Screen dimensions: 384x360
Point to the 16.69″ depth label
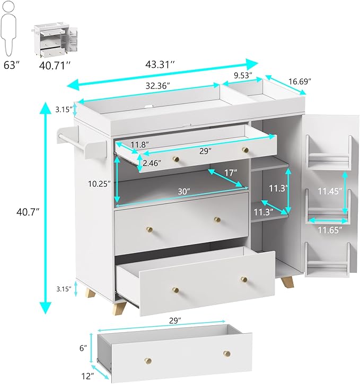pyautogui.click(x=300, y=82)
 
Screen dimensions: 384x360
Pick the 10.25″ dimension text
pyautogui.click(x=99, y=184)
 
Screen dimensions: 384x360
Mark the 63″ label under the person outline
pyautogui.click(x=12, y=66)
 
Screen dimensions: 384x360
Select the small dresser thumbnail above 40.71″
pyautogui.click(x=56, y=41)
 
